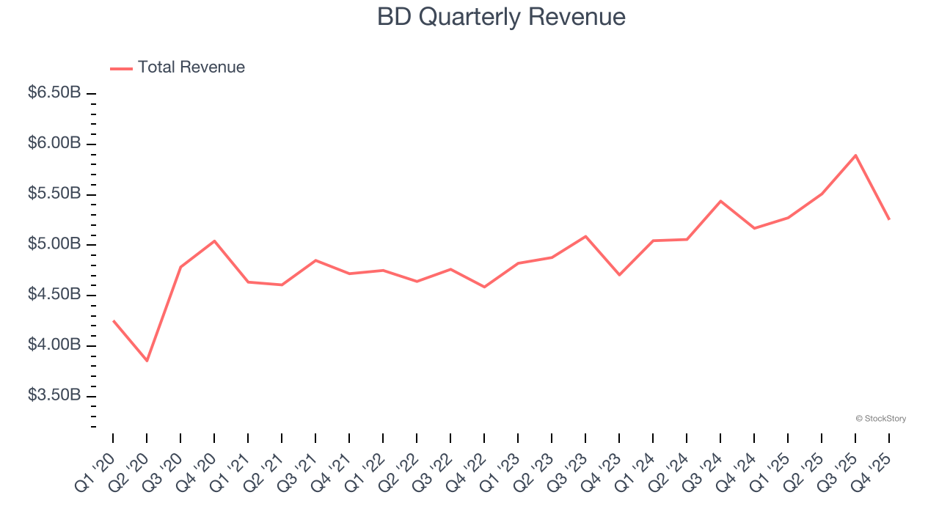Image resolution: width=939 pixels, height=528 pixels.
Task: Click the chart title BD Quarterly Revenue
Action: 501,17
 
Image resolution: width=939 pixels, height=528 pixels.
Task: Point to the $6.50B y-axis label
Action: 54,93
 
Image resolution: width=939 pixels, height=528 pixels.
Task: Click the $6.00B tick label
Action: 54,144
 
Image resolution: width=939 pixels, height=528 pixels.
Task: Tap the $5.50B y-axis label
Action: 54,194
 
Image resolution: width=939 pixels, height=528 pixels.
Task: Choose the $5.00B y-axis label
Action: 54,244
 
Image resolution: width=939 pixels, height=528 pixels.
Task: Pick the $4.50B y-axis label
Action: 54,295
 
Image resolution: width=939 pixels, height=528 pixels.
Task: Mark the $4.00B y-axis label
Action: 54,345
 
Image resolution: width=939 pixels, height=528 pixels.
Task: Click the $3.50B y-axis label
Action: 54,395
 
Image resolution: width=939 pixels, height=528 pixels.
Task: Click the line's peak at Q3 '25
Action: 855,155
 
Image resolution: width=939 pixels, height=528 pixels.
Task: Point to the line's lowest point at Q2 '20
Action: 147,361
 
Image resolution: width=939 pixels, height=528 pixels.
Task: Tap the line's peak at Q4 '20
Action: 214,241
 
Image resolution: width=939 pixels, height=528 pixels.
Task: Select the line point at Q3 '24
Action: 720,201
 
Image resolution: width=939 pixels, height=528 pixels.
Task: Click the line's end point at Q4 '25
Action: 889,219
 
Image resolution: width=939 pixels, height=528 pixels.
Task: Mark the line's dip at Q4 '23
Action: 619,275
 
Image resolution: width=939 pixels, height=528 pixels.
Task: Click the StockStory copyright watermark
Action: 880,419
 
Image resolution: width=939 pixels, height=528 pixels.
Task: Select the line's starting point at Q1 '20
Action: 113,320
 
